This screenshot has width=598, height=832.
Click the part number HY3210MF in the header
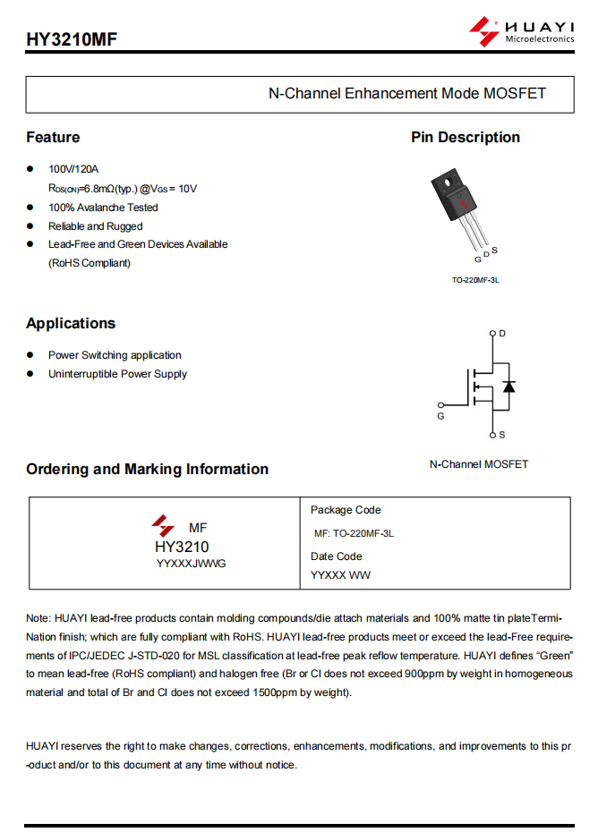pyautogui.click(x=72, y=39)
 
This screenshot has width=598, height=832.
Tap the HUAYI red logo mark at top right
pyautogui.click(x=483, y=31)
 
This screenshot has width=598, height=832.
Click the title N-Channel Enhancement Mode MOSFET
pyautogui.click(x=406, y=93)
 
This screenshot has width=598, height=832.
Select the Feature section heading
pyautogui.click(x=53, y=137)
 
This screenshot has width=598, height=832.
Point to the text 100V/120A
pyautogui.click(x=73, y=169)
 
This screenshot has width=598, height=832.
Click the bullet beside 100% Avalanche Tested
pyautogui.click(x=30, y=207)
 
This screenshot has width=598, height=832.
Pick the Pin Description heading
pyautogui.click(x=466, y=137)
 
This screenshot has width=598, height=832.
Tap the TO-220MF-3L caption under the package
pyautogui.click(x=475, y=280)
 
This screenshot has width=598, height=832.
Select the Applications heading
pyautogui.click(x=71, y=323)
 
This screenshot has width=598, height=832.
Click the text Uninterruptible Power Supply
pyautogui.click(x=117, y=374)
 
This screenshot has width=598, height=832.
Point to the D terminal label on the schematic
pyautogui.click(x=502, y=333)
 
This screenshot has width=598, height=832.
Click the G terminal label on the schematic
pyautogui.click(x=440, y=416)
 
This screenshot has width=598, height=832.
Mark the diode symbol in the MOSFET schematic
pyautogui.click(x=508, y=386)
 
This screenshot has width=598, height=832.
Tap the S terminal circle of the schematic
pyautogui.click(x=492, y=435)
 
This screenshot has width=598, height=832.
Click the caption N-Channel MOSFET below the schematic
pyautogui.click(x=479, y=464)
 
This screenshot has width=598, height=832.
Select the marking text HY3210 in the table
pyautogui.click(x=182, y=547)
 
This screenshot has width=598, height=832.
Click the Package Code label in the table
pyautogui.click(x=346, y=510)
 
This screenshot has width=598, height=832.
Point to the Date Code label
pyautogui.click(x=337, y=556)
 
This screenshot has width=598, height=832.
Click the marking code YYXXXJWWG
pyautogui.click(x=192, y=564)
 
